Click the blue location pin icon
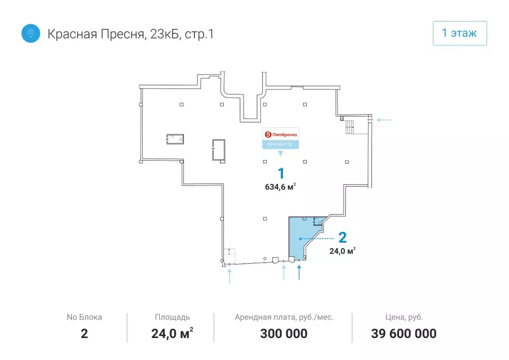31,34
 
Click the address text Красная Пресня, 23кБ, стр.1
131,34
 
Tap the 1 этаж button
459,33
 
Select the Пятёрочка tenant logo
281,134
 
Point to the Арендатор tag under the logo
281,144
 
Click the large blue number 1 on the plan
281,174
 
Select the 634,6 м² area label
281,187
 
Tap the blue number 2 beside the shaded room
342,238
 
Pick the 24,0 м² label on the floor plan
342,251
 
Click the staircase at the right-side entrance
350,127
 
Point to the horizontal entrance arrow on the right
385,120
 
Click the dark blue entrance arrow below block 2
299,272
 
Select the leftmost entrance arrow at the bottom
229,275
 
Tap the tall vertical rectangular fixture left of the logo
218,150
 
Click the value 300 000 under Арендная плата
284,334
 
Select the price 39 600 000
404,334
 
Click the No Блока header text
84,317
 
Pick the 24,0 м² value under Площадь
172,334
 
